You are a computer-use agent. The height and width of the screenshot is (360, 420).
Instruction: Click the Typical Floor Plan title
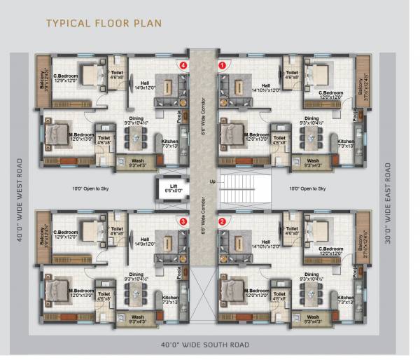pyautogui.click(x=104, y=23)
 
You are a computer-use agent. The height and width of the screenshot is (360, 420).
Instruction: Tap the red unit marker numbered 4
pyautogui.click(x=183, y=65)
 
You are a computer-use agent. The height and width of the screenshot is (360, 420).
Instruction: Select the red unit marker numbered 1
pyautogui.click(x=223, y=65)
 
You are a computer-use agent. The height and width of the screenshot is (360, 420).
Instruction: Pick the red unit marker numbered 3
pyautogui.click(x=183, y=221)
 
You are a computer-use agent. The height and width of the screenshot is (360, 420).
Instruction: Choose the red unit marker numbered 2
pyautogui.click(x=223, y=221)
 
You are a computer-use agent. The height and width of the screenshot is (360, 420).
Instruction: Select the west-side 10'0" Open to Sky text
pyautogui.click(x=92, y=189)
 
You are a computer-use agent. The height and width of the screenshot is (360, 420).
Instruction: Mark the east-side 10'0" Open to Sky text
pyautogui.click(x=307, y=189)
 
